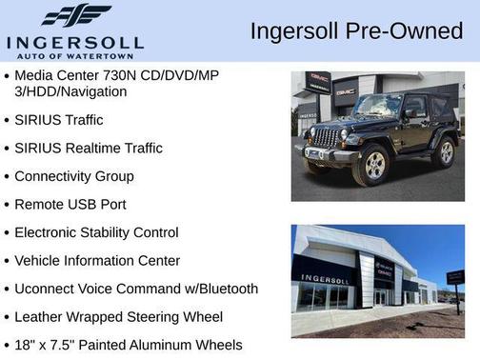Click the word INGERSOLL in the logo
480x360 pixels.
click(x=74, y=42)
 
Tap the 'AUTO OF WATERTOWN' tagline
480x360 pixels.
click(x=74, y=56)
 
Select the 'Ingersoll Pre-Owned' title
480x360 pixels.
click(x=356, y=30)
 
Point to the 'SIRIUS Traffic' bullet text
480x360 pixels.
click(x=59, y=120)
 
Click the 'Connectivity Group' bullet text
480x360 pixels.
click(x=73, y=176)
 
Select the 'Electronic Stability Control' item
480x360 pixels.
click(x=96, y=232)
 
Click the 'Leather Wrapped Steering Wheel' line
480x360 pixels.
click(x=118, y=317)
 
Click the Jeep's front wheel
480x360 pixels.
click(x=370, y=168)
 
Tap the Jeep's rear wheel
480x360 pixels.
click(x=443, y=151)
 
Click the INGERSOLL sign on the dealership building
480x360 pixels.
click(x=325, y=279)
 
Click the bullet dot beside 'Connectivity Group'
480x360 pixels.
click(x=8, y=177)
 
